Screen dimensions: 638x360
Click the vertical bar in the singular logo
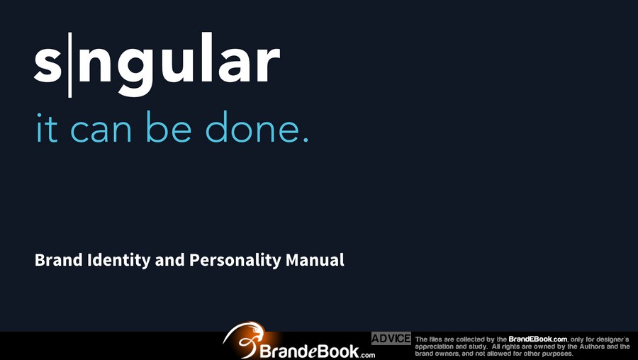click(x=70, y=65)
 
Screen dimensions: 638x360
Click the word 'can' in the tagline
click(x=101, y=131)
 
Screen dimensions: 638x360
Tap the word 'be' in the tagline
click(x=169, y=127)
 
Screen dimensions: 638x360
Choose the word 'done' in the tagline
click(x=252, y=127)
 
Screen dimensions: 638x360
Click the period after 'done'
click(x=306, y=140)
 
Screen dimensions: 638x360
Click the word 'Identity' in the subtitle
click(x=119, y=261)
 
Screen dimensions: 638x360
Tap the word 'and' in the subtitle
click(x=169, y=260)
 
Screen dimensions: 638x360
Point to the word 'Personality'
click(x=235, y=261)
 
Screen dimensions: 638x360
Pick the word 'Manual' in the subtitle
click(x=315, y=260)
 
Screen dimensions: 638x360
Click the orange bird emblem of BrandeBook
click(x=245, y=339)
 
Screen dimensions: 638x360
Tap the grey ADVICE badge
click(x=391, y=339)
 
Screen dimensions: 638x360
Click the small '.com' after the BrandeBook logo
click(x=367, y=355)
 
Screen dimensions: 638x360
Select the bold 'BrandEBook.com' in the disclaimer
click(x=538, y=339)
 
